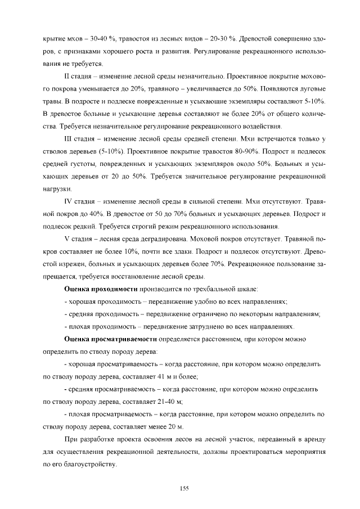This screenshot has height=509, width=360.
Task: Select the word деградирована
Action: tap(161, 239)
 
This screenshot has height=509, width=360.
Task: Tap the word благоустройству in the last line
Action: tap(85, 465)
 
